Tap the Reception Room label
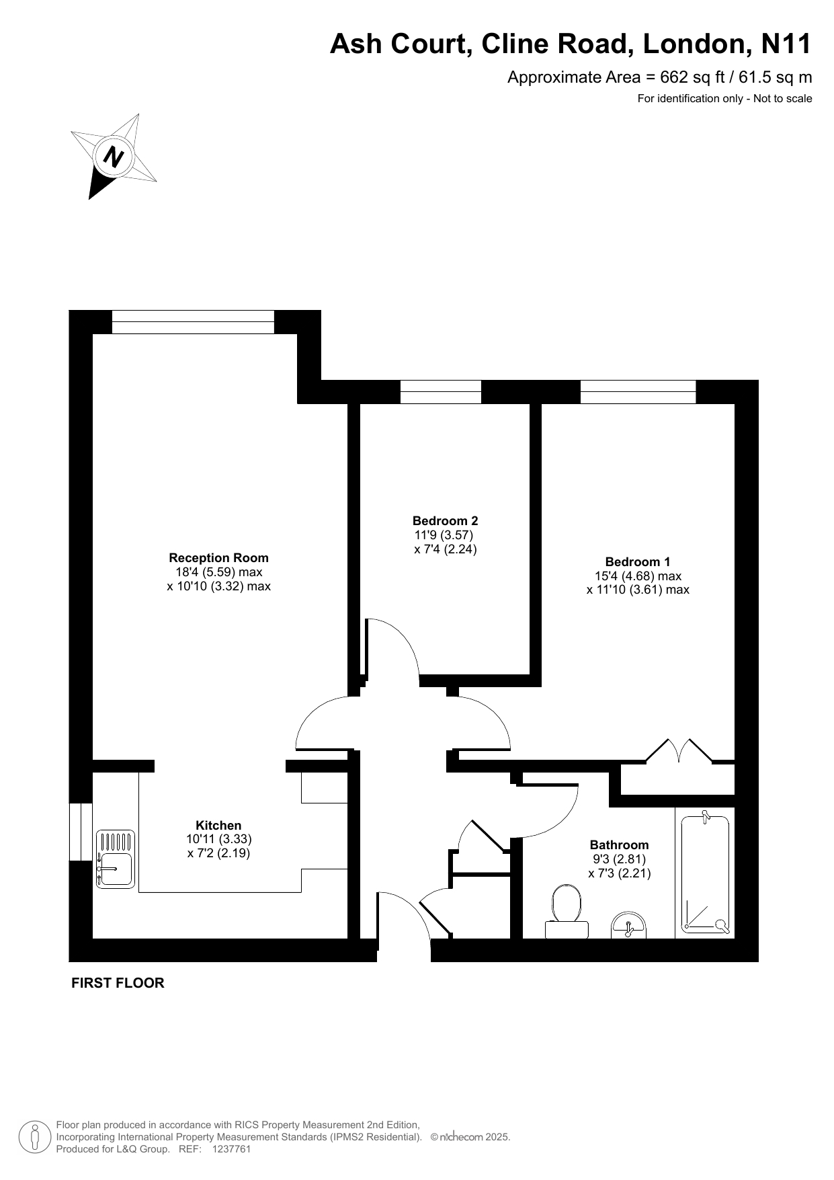(218, 557)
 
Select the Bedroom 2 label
(445, 520)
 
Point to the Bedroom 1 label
(638, 561)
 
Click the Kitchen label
(218, 825)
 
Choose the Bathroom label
(620, 844)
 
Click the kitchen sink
(116, 859)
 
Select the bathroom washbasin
(628, 925)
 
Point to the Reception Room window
(193, 321)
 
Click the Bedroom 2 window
(441, 391)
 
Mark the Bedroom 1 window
(638, 391)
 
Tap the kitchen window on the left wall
(80, 831)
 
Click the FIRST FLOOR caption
(118, 983)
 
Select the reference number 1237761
(231, 1149)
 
